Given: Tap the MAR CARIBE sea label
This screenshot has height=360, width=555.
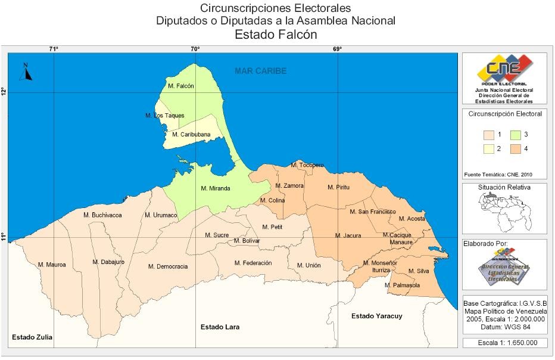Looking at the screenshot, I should tap(260, 71).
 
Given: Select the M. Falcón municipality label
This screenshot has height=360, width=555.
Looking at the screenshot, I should tap(181, 86).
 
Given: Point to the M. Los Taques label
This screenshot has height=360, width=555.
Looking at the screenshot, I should tap(165, 115).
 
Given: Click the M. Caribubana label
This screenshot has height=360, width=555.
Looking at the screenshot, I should tap(191, 135).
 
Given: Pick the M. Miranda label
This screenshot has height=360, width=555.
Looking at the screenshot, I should tap(216, 188).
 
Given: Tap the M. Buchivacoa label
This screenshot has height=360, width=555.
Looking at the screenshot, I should tap(102, 215).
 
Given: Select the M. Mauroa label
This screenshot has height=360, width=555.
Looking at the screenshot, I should tap(52, 264).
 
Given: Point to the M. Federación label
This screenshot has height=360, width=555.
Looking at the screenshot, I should tap(253, 263).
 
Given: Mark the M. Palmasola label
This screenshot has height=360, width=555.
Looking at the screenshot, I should tap(403, 285).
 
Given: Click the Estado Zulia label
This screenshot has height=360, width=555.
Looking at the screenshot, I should tap(32, 337).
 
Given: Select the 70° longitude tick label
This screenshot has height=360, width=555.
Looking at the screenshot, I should tap(195, 49).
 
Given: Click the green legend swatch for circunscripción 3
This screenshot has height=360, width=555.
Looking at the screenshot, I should tap(516, 135).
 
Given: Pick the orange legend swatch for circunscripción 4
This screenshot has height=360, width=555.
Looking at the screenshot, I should tap(516, 149).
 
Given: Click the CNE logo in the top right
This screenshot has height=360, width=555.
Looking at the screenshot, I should tap(504, 70).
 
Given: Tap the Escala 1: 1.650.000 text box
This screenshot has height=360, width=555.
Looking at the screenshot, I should tap(504, 343).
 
